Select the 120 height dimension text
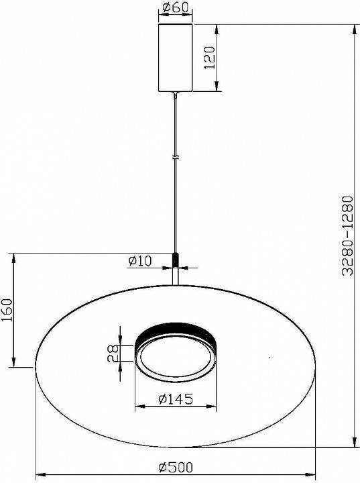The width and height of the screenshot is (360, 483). point(208,58)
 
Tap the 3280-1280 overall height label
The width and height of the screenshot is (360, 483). point(346,236)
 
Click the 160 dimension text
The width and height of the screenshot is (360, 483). point(7,311)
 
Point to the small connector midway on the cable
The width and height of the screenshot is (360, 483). point(176,158)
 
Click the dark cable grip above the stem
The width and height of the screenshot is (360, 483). point(176,258)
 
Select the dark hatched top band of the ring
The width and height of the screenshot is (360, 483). point(176,331)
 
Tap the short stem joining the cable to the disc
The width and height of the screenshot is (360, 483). point(176,275)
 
